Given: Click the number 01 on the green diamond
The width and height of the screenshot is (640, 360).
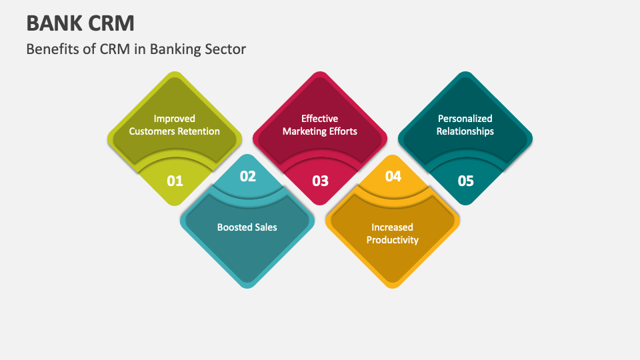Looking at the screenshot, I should pos(175,181).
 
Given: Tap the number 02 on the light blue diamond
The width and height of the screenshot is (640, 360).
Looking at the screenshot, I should pos(248,176).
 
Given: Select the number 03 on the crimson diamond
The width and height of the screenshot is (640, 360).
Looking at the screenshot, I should pos(321,181).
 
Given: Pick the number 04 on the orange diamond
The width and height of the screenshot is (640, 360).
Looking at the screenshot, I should pos(393,176).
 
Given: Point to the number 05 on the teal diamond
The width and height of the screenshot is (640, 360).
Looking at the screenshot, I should pos(466,181).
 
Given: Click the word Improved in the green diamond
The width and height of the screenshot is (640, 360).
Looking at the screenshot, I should pos(174,119).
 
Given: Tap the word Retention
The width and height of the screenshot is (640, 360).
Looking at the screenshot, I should pos(198,131).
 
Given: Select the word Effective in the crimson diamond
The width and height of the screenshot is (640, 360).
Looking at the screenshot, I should pos(319,119).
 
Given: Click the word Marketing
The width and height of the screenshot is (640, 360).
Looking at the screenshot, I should pos(304,131).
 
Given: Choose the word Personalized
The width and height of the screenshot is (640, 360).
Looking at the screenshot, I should pos(465,119).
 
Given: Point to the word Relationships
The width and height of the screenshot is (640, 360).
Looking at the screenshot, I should pos(465,131).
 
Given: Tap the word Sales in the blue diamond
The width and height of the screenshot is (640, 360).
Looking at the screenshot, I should pos(266,227).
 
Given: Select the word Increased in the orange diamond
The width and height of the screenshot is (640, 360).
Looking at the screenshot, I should pos(393,227).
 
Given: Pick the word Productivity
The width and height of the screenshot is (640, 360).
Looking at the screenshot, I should pos(393,240).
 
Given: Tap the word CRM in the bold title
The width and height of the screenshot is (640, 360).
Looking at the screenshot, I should pos(112,23).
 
